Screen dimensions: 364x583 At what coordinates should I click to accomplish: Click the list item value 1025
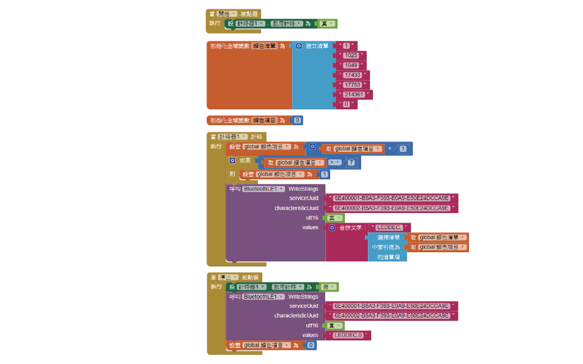click(351, 55)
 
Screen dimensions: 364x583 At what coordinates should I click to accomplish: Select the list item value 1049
click(351, 65)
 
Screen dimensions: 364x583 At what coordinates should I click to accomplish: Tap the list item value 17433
click(352, 75)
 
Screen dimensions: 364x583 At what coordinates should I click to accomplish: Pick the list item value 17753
click(352, 85)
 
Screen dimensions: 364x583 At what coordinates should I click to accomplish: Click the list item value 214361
click(354, 94)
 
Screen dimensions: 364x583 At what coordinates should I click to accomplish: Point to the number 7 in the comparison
click(351, 163)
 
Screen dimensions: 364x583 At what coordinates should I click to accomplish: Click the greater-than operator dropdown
click(334, 162)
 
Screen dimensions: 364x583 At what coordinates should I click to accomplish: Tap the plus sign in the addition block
click(390, 148)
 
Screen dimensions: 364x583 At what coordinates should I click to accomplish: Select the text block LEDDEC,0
click(348, 335)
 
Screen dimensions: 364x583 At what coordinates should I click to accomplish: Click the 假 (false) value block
click(329, 287)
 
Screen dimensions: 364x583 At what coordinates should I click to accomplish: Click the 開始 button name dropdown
click(227, 14)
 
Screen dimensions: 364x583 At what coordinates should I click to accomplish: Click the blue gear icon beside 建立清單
click(299, 46)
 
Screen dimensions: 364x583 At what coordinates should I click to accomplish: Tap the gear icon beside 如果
click(232, 161)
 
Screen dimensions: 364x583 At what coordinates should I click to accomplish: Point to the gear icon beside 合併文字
click(332, 228)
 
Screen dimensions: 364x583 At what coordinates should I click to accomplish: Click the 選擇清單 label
click(388, 238)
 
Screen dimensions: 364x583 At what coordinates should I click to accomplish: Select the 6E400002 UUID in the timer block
click(391, 208)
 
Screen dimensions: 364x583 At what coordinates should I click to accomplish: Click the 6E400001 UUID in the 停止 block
click(391, 306)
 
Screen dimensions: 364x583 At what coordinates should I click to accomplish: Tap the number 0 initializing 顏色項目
click(297, 120)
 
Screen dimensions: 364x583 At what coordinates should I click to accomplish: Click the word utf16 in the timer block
click(312, 218)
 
